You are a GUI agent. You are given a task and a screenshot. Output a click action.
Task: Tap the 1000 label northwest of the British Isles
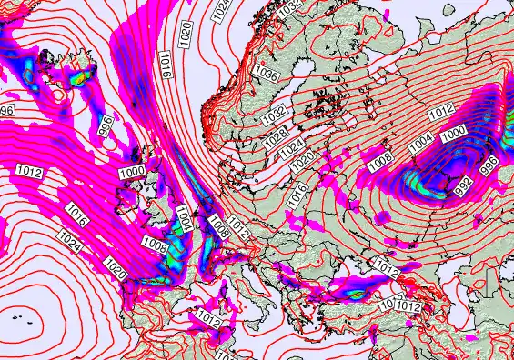(131, 170)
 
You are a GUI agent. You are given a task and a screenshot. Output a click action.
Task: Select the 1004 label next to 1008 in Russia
(419, 142)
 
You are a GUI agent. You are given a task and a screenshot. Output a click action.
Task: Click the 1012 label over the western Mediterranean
(208, 319)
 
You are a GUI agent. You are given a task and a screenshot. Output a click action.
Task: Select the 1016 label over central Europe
(296, 192)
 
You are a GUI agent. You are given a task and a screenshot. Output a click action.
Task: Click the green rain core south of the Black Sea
(355, 293)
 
